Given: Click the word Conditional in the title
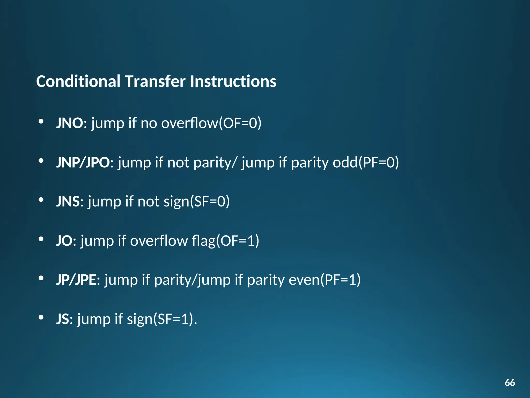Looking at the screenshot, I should pos(78,81).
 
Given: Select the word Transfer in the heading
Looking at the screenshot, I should pos(155,81).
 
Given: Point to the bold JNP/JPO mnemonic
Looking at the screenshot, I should pos(83,162).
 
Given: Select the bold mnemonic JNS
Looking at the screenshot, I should pos(68,202).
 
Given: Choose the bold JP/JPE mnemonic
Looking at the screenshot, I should pos(76,280).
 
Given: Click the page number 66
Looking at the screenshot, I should pos(510,383).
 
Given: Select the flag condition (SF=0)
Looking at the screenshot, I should pos(210,202).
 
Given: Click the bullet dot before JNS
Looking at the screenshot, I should pos(41,200).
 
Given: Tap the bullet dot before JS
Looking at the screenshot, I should pos(41,317).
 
